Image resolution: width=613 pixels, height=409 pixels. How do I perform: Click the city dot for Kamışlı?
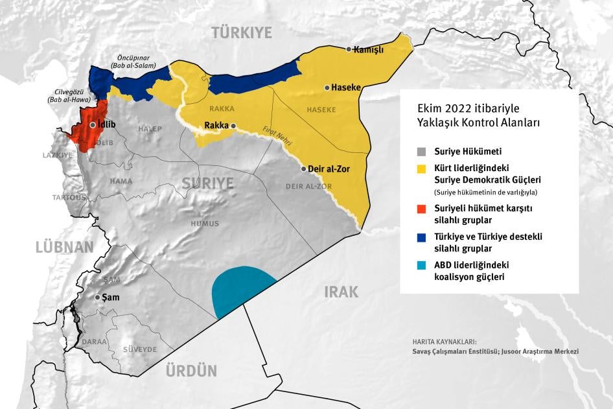(349, 49)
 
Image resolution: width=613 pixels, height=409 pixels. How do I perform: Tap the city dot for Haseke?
(327, 88)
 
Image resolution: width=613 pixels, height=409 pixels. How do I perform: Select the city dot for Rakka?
(233, 126)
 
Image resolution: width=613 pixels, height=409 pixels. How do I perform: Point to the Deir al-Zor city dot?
(303, 169)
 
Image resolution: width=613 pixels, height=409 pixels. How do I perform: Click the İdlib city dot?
(93, 125)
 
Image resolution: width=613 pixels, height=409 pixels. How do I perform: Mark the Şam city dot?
(98, 298)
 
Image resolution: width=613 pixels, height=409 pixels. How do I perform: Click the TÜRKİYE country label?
(242, 32)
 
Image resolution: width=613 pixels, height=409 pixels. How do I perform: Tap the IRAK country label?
(341, 292)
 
